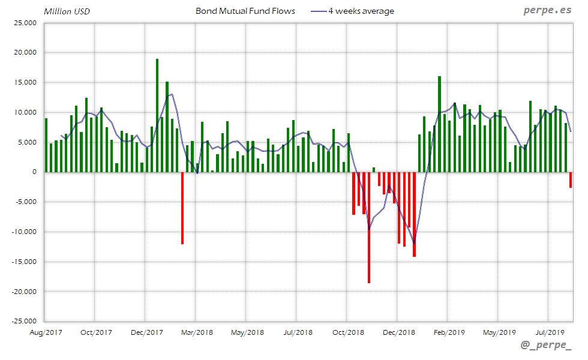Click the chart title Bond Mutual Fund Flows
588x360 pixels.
(245, 11)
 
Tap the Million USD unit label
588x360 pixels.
(67, 11)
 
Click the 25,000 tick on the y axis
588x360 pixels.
(25, 23)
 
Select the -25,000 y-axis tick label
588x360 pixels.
(24, 321)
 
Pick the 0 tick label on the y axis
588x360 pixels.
(34, 172)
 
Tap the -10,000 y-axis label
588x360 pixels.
(24, 232)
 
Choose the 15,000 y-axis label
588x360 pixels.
(25, 82)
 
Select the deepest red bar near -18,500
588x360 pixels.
(369, 227)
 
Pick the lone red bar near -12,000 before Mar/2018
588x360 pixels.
(182, 208)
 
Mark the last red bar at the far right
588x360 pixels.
(571, 179)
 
